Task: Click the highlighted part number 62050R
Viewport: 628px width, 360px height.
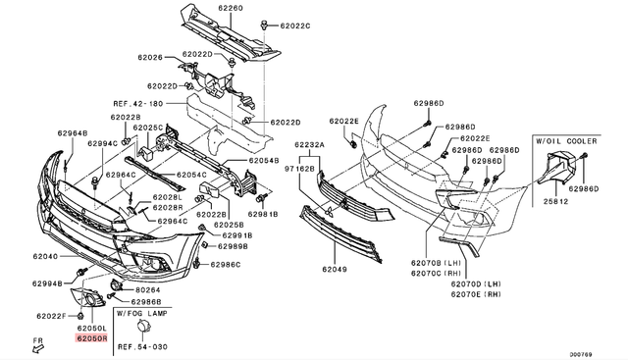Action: (x=91, y=338)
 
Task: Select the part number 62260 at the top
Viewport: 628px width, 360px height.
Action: (x=231, y=8)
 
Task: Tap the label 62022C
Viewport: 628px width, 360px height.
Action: (x=295, y=26)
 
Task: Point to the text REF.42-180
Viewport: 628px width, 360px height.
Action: (x=138, y=104)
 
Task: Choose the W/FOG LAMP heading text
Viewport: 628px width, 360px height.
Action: (x=142, y=313)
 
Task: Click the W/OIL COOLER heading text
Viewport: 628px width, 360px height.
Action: (x=566, y=141)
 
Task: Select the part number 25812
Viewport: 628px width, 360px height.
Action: (x=556, y=201)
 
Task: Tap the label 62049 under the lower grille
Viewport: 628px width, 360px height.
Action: (x=335, y=270)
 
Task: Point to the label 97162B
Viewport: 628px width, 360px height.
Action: (x=299, y=169)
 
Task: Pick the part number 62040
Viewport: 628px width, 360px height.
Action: (x=45, y=256)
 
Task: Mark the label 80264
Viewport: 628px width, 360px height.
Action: (x=148, y=290)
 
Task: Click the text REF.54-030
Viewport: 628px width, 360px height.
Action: (x=142, y=347)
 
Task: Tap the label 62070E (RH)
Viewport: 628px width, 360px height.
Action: (x=476, y=294)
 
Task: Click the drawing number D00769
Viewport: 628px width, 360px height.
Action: (x=581, y=354)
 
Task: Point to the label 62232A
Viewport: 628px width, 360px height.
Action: (x=310, y=144)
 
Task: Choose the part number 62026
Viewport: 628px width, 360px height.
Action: (x=150, y=57)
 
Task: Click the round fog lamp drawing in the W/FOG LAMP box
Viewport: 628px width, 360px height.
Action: (x=143, y=327)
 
